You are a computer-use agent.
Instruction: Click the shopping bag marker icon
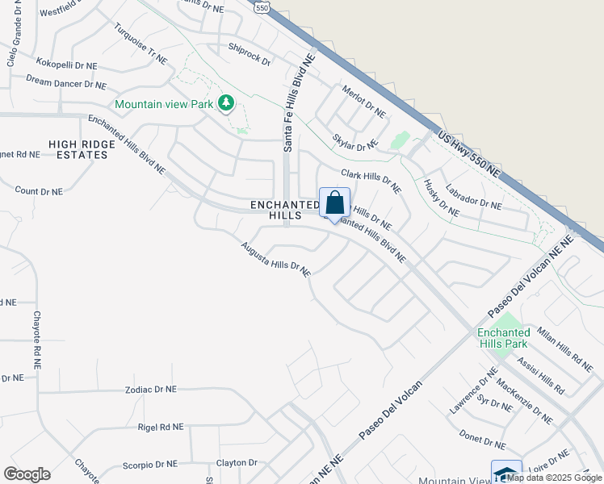click(334, 203)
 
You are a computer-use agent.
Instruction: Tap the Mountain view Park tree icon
click(227, 103)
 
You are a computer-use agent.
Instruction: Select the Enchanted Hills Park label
click(503, 338)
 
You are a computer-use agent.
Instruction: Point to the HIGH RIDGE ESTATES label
click(78, 149)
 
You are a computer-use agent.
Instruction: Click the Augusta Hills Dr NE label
click(275, 259)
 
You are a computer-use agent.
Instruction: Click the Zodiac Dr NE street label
click(150, 389)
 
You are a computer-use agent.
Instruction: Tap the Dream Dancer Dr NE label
click(65, 84)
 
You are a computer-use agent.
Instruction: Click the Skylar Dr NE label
click(354, 136)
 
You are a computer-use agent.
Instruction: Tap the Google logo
click(27, 474)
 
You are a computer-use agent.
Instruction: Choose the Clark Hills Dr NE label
click(371, 181)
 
